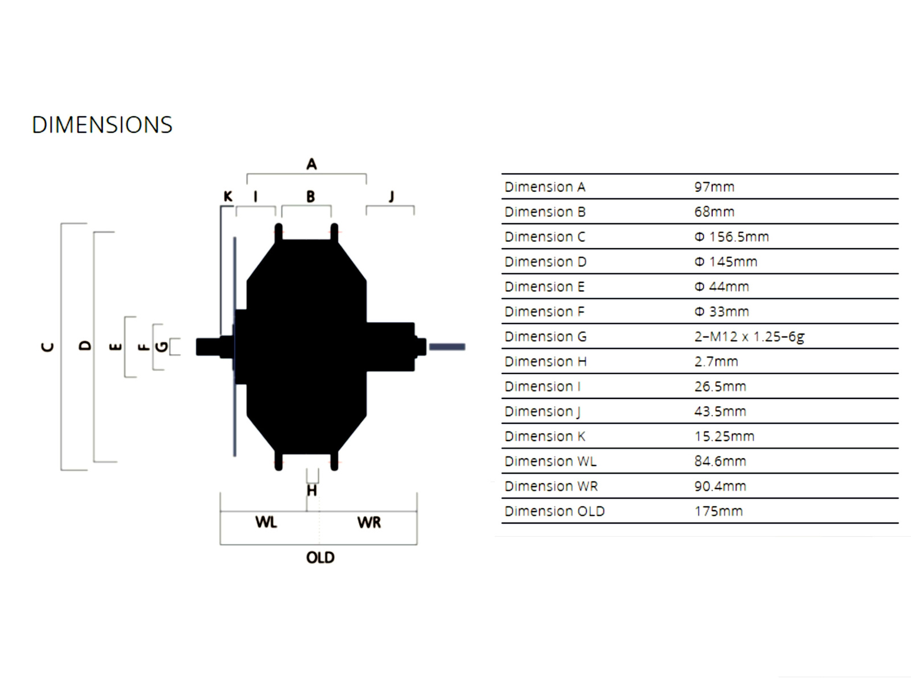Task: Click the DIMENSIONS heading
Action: click(102, 125)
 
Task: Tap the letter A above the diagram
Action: click(311, 164)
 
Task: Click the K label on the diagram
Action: click(228, 196)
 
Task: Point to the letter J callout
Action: click(391, 197)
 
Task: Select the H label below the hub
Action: click(311, 490)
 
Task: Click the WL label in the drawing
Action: click(266, 522)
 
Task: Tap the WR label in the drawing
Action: click(369, 522)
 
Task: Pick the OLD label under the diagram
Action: click(320, 557)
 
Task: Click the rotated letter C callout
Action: click(48, 347)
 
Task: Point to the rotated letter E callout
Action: click(115, 346)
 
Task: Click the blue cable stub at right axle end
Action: click(447, 347)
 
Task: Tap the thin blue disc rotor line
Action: click(235, 398)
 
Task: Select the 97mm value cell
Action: click(714, 187)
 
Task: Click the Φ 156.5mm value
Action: click(731, 237)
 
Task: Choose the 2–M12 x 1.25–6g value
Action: click(749, 336)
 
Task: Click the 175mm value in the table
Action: click(718, 511)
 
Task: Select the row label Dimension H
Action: click(545, 361)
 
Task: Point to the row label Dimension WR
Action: click(551, 486)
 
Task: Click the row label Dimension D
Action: click(545, 262)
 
